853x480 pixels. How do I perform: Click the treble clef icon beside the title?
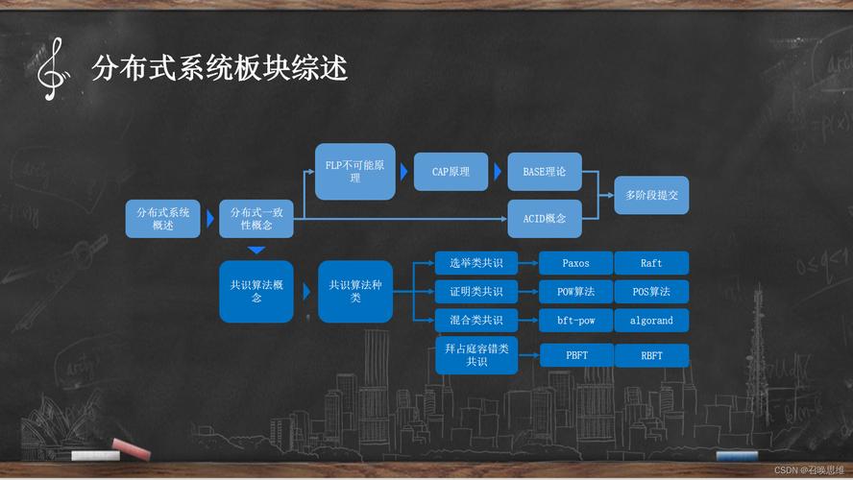[53, 69]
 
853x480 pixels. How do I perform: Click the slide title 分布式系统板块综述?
[219, 68]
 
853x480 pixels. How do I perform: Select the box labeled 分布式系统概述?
[162, 219]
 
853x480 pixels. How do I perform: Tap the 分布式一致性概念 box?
[256, 219]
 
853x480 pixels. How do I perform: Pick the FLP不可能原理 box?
[355, 171]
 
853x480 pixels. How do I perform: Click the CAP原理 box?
[451, 172]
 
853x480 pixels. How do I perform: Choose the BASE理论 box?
[545, 172]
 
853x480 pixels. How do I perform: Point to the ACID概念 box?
[545, 219]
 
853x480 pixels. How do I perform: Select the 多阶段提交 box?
[651, 195]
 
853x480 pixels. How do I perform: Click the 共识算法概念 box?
[256, 292]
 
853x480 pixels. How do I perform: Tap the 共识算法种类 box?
[355, 292]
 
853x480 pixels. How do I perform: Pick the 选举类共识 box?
[476, 263]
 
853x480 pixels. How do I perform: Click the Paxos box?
[575, 263]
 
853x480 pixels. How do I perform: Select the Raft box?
[651, 263]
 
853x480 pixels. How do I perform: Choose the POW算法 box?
[575, 292]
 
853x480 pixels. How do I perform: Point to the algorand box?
[651, 321]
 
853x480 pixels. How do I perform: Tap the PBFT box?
[576, 355]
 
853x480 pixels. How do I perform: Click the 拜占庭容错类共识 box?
[476, 355]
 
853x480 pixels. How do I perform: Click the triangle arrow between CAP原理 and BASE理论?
[498, 172]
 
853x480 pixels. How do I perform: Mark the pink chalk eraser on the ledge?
[131, 449]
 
